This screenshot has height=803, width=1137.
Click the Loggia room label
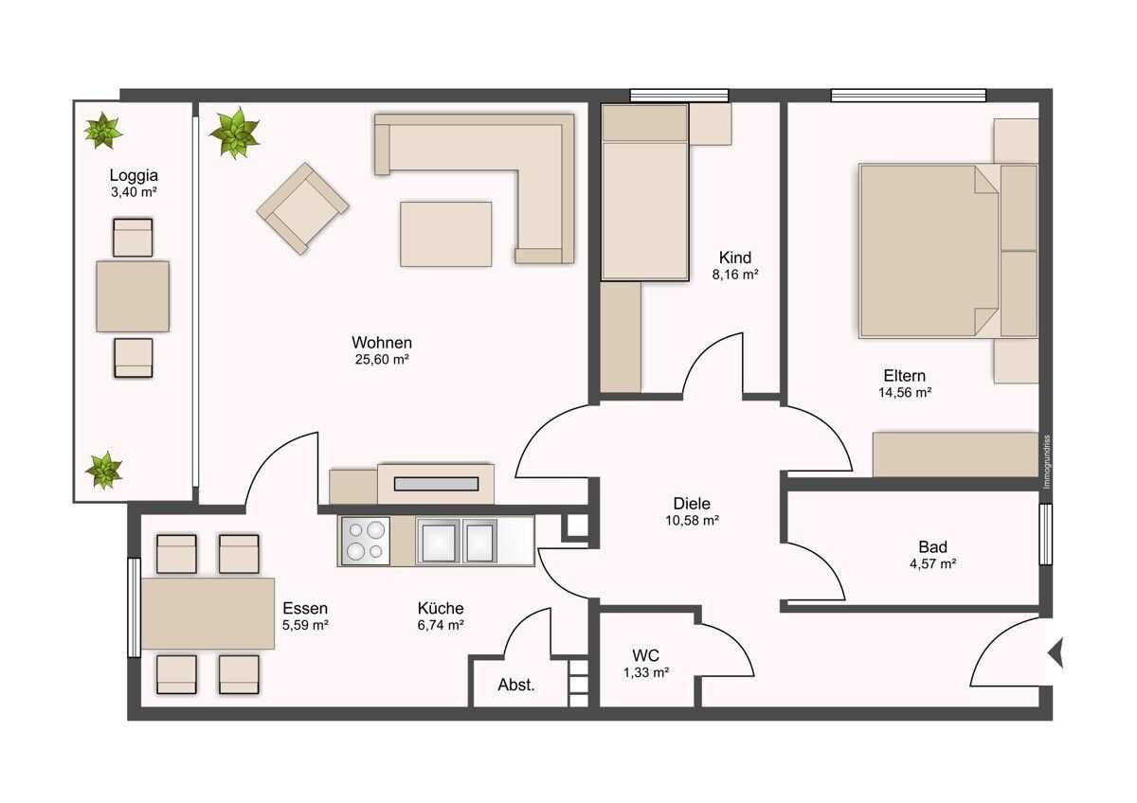[134, 175]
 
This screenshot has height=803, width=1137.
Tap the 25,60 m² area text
[382, 360]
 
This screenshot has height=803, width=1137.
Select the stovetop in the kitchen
[365, 541]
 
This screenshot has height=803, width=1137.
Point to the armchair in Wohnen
[303, 208]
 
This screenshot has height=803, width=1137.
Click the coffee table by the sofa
[445, 234]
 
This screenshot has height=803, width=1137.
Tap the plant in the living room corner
[235, 132]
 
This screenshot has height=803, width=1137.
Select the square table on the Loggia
[133, 296]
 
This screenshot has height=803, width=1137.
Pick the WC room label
[645, 655]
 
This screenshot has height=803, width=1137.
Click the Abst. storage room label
[516, 685]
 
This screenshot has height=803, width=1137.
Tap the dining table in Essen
[208, 614]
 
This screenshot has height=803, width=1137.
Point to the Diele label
[692, 504]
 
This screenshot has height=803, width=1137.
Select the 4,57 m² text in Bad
[933, 564]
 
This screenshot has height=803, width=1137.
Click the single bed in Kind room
[644, 192]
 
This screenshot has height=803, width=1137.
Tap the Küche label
[441, 608]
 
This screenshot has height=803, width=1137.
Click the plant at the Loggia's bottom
[104, 471]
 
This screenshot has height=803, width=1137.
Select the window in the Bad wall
[1046, 534]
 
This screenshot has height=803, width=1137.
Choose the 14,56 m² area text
[905, 393]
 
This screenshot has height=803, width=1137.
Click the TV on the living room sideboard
[436, 484]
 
